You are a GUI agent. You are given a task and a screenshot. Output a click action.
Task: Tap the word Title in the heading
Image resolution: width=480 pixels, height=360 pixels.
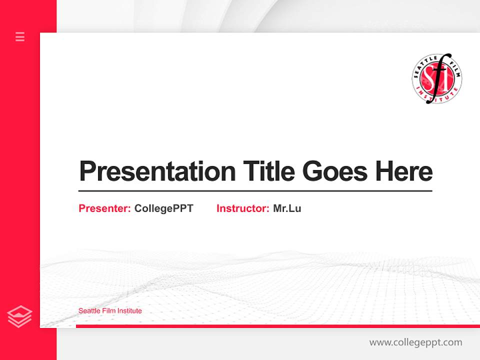click(x=268, y=171)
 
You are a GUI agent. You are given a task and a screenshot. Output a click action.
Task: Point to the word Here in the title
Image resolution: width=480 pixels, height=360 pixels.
click(x=404, y=171)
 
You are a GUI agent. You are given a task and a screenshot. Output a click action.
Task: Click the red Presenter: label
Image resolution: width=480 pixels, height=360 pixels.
click(x=104, y=208)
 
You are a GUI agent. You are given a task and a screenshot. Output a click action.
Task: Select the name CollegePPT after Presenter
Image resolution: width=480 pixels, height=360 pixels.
click(x=163, y=208)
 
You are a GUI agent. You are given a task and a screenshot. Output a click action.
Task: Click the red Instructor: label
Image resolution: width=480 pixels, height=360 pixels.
click(x=242, y=208)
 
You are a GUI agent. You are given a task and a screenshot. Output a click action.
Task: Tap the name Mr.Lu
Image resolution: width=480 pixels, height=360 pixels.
click(x=287, y=208)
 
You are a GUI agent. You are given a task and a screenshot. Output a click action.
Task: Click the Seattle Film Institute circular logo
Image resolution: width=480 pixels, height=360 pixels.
click(x=436, y=78)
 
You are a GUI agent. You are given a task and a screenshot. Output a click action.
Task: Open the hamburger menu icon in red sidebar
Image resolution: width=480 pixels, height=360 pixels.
click(x=20, y=36)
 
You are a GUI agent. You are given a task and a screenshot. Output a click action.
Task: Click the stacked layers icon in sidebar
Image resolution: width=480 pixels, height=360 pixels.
click(x=20, y=316)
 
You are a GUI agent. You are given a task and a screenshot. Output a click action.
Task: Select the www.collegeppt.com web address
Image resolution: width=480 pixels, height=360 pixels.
click(x=415, y=342)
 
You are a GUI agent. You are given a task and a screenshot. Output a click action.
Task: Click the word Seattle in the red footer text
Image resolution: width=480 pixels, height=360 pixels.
click(x=88, y=311)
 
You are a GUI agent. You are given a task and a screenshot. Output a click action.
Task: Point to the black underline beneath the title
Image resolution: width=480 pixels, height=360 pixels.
click(x=255, y=191)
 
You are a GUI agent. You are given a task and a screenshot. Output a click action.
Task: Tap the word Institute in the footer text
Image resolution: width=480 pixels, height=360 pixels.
click(x=129, y=311)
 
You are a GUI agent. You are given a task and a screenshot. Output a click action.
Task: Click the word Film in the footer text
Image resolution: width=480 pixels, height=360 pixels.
click(x=108, y=311)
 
